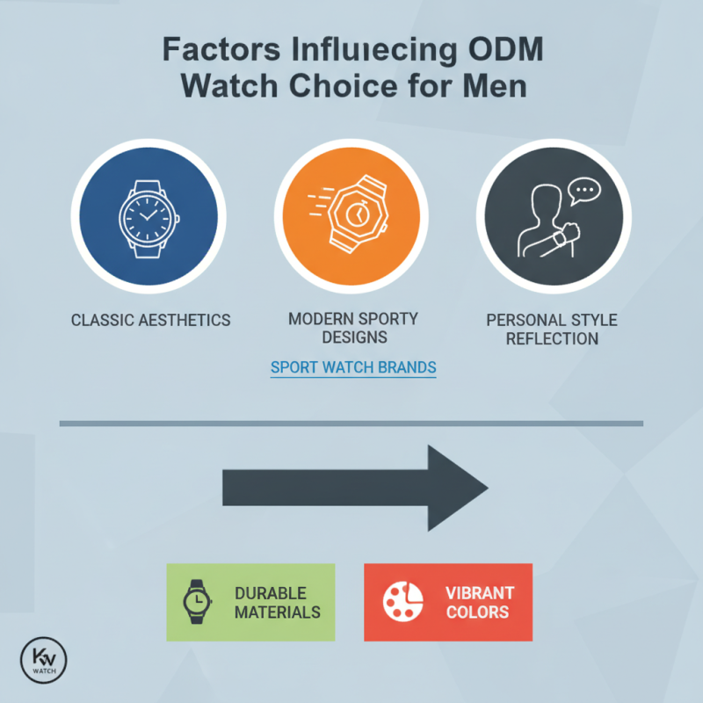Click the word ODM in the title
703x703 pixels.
coord(506,49)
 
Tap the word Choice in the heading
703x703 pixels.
coord(343,85)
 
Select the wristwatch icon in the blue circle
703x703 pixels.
coord(149,219)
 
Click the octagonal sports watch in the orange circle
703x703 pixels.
coord(359,214)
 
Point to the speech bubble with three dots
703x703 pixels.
coord(584,191)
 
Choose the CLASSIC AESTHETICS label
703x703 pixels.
coord(150,320)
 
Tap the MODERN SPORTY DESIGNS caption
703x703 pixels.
coord(353,328)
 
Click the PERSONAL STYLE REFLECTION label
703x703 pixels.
coord(552,330)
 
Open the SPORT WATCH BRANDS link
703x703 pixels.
coord(353,367)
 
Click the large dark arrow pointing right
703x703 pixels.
coord(355,488)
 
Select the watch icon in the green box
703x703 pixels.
coord(197,602)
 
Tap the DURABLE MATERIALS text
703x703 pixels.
coord(278,603)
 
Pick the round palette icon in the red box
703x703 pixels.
coord(402,602)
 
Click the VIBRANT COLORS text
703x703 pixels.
coord(480,602)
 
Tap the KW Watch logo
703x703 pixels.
coord(43,660)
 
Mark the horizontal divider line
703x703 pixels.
coord(351,424)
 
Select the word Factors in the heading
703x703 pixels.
coord(221,49)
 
